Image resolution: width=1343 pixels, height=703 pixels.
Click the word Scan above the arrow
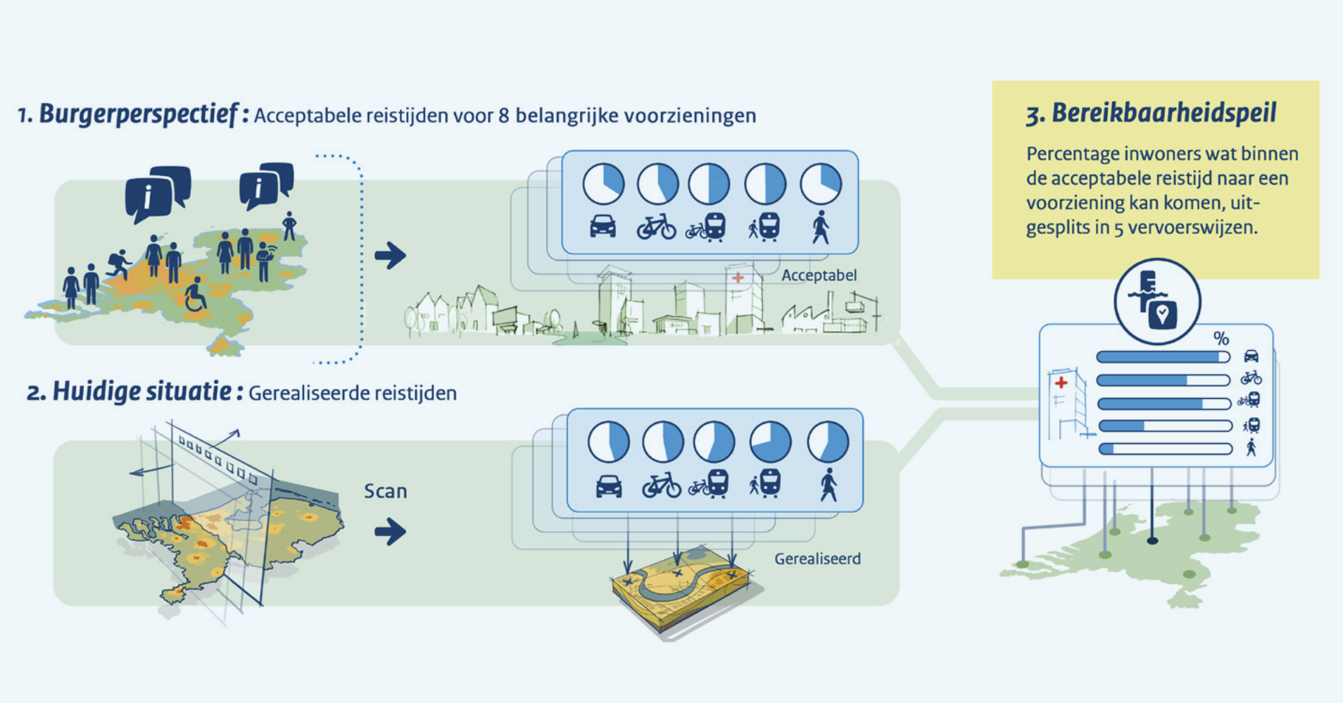click(x=385, y=491)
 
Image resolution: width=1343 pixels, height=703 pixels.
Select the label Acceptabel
click(x=819, y=275)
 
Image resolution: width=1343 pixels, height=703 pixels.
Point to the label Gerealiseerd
click(x=817, y=559)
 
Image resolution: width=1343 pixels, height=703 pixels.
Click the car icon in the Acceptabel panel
click(x=603, y=226)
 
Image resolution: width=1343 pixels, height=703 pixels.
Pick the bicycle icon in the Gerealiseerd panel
click(x=662, y=485)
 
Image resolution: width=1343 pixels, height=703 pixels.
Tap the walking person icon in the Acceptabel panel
click(x=821, y=227)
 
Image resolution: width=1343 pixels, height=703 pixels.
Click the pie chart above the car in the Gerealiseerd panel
click(x=608, y=442)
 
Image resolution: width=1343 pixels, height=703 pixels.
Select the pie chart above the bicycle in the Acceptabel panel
click(x=657, y=184)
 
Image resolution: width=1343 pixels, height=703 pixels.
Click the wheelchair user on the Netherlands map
click(x=195, y=295)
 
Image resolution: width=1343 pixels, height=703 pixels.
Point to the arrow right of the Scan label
click(x=390, y=531)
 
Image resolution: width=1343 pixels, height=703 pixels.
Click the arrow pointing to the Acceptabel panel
click(x=390, y=255)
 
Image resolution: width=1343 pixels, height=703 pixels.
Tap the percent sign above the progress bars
click(x=1221, y=338)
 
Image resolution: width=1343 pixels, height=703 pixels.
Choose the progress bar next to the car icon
click(x=1163, y=357)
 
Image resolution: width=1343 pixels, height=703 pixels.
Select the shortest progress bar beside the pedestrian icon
click(x=1165, y=449)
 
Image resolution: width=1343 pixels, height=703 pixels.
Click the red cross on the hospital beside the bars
click(x=1061, y=383)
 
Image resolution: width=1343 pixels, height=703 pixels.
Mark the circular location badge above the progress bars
click(x=1156, y=301)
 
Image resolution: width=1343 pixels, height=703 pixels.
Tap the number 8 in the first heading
click(x=503, y=116)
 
